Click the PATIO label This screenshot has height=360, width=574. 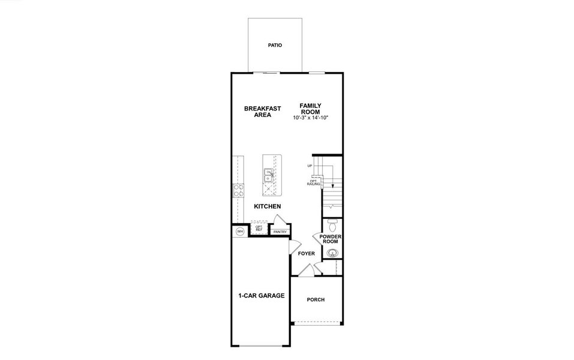click(x=275, y=45)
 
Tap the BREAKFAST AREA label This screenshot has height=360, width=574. click(x=262, y=112)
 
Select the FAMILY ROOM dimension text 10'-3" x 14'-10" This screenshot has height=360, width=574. click(x=310, y=118)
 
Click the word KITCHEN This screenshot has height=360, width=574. click(x=268, y=206)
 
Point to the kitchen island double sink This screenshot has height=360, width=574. click(x=268, y=175)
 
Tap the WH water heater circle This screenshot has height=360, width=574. click(x=239, y=232)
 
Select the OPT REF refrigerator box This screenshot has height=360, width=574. click(x=259, y=229)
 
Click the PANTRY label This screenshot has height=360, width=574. click(x=280, y=232)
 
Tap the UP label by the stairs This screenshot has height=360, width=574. click(x=310, y=166)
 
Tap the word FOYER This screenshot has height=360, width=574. click(x=306, y=254)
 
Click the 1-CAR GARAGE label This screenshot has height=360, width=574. click(x=261, y=296)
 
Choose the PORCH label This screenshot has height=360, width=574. click(x=315, y=299)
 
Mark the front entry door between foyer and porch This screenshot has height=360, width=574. click(x=306, y=271)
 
